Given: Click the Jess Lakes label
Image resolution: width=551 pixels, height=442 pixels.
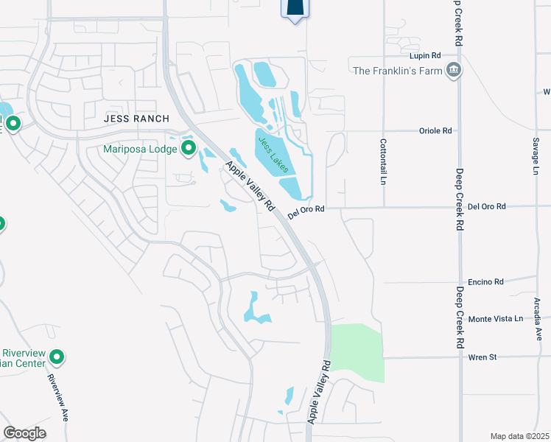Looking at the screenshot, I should tap(272, 154).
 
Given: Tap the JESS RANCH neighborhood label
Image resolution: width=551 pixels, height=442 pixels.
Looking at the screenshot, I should tap(136, 119).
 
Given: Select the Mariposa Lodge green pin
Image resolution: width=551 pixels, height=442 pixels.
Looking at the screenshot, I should tap(189, 149).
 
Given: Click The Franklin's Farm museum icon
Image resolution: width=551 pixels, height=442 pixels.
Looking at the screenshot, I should tap(453, 71).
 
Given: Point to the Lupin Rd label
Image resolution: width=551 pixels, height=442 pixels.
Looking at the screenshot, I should tap(425, 55).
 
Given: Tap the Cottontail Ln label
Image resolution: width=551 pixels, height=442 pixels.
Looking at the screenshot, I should tap(383, 161).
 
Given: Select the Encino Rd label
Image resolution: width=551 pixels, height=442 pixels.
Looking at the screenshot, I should tap(488, 281).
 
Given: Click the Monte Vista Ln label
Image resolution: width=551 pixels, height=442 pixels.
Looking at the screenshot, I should tap(495, 319).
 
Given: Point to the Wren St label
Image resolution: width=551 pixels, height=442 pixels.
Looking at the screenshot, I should tap(483, 357).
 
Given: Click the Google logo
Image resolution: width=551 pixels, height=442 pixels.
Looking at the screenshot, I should tap(24, 433).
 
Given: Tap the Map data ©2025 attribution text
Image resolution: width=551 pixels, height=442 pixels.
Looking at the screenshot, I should tap(519, 436).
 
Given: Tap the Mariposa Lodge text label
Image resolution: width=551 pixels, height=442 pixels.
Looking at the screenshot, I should tap(140, 150).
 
